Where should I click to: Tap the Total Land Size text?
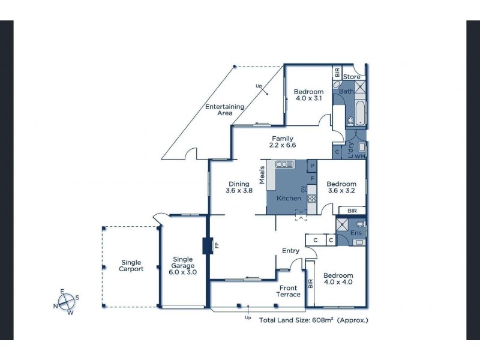point(313,320)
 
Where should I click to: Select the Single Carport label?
point(131,266)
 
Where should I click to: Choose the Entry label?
point(290,251)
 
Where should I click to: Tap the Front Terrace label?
point(288,292)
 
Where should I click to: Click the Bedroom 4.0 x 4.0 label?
point(338,278)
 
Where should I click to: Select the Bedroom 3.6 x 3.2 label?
point(342,187)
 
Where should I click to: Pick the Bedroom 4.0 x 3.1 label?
point(308,95)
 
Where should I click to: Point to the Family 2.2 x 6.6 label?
point(283,142)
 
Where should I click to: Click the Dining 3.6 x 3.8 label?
point(239,187)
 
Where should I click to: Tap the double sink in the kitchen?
point(284,164)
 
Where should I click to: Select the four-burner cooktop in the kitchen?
point(311,199)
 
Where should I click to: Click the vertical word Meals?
point(262,175)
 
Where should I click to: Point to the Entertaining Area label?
point(224,110)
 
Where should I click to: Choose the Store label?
point(352,77)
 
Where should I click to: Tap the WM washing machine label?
point(359,157)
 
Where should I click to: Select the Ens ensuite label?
point(355,232)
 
